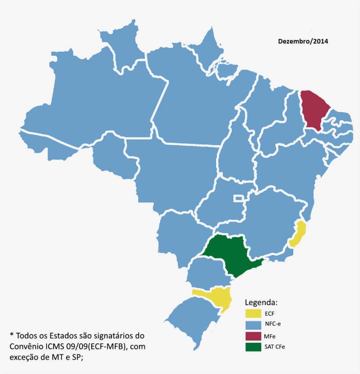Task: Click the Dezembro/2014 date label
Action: [303, 41]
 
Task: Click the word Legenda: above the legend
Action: [261, 303]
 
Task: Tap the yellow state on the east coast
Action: [299, 234]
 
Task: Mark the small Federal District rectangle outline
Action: [239, 198]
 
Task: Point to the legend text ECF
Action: [270, 314]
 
